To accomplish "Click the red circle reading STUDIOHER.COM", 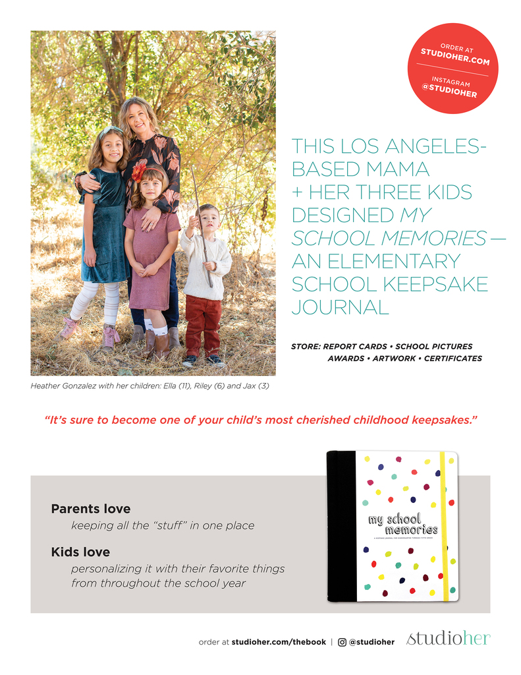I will (x=455, y=69).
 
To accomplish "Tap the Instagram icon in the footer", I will (x=343, y=641).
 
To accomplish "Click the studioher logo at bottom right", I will (x=449, y=639).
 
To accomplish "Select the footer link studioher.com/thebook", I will (x=279, y=642).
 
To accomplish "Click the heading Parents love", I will (x=91, y=509).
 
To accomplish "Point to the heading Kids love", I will (x=80, y=552).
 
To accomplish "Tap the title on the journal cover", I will (x=402, y=524).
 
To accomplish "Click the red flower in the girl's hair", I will (x=139, y=170).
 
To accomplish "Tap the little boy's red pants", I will (x=203, y=323).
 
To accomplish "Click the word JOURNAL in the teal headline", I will (x=340, y=307).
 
